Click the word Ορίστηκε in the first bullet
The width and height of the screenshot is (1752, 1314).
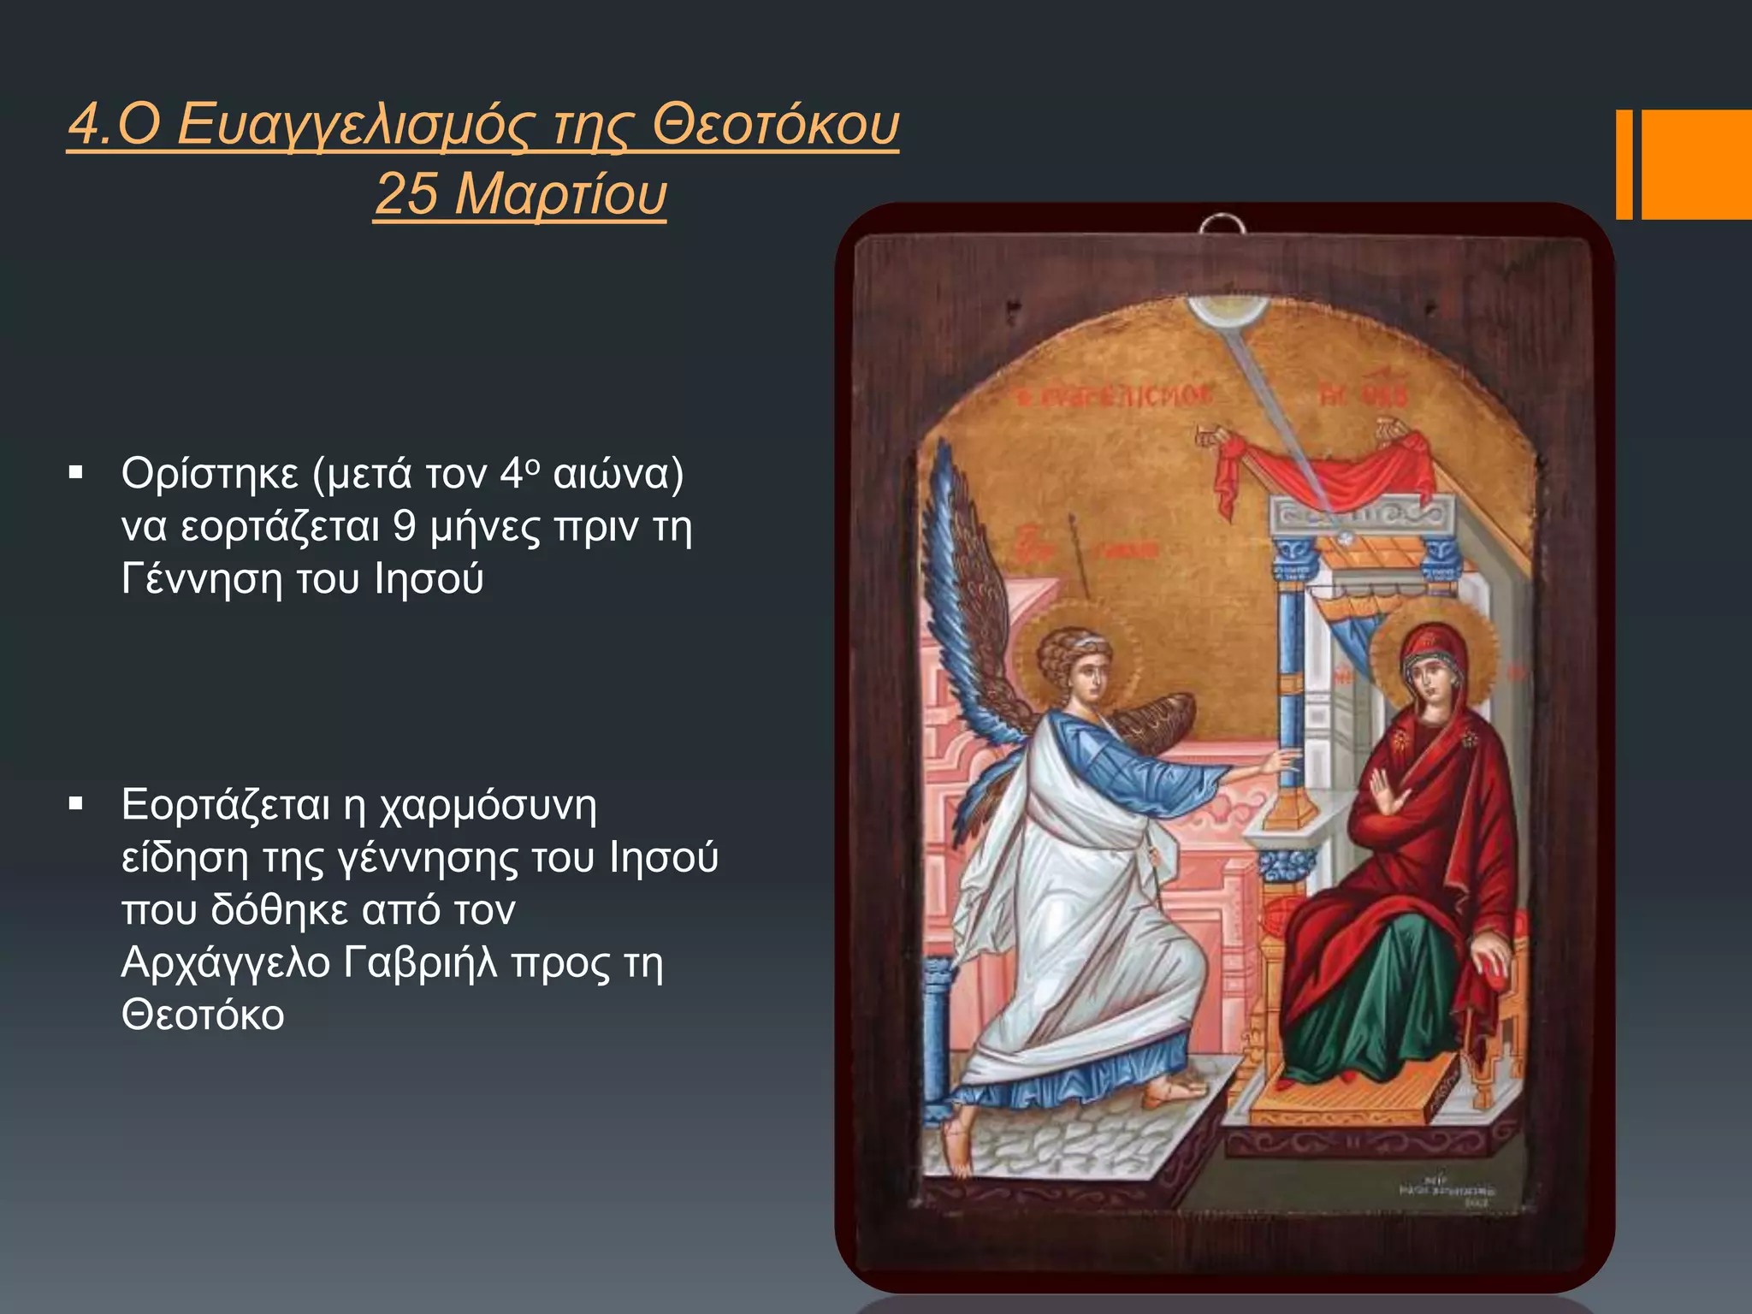(210, 473)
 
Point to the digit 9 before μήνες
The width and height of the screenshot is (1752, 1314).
(405, 526)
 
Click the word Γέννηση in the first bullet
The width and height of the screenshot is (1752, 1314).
(202, 579)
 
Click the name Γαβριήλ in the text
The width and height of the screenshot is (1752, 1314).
(420, 962)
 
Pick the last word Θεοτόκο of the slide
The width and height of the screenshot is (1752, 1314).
(203, 1015)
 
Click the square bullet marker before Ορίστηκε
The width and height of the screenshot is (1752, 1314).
(76, 472)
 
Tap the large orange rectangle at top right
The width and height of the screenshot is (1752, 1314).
(1696, 164)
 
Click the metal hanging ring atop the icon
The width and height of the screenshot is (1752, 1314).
(1222, 226)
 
